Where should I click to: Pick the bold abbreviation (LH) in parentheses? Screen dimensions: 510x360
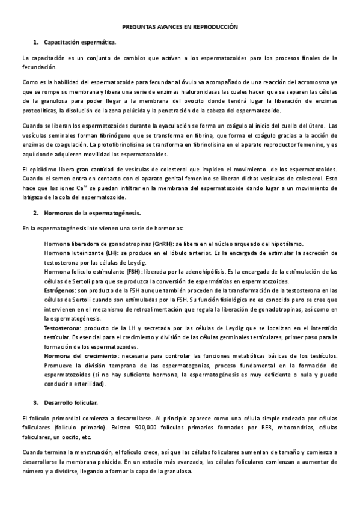tap(111, 253)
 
